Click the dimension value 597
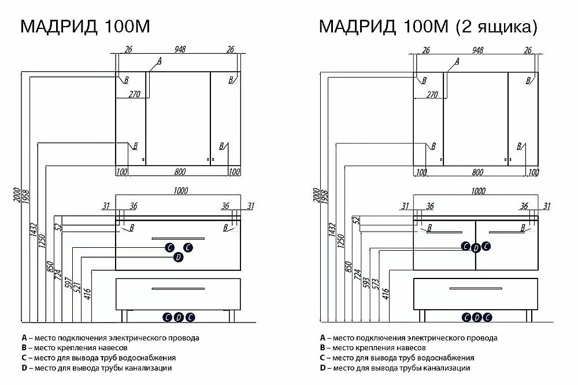68,283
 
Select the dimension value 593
366,283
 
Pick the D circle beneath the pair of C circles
179,257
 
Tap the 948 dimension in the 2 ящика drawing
478,50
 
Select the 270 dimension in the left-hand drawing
134,94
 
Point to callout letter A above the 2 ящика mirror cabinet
457,61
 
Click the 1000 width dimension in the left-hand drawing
180,190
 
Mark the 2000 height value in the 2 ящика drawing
316,195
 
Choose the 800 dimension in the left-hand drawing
180,171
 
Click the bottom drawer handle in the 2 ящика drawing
476,288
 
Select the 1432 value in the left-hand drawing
34,230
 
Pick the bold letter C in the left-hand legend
24,358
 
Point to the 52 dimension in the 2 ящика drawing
356,221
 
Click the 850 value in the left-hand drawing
50,267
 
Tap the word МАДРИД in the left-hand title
59,27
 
